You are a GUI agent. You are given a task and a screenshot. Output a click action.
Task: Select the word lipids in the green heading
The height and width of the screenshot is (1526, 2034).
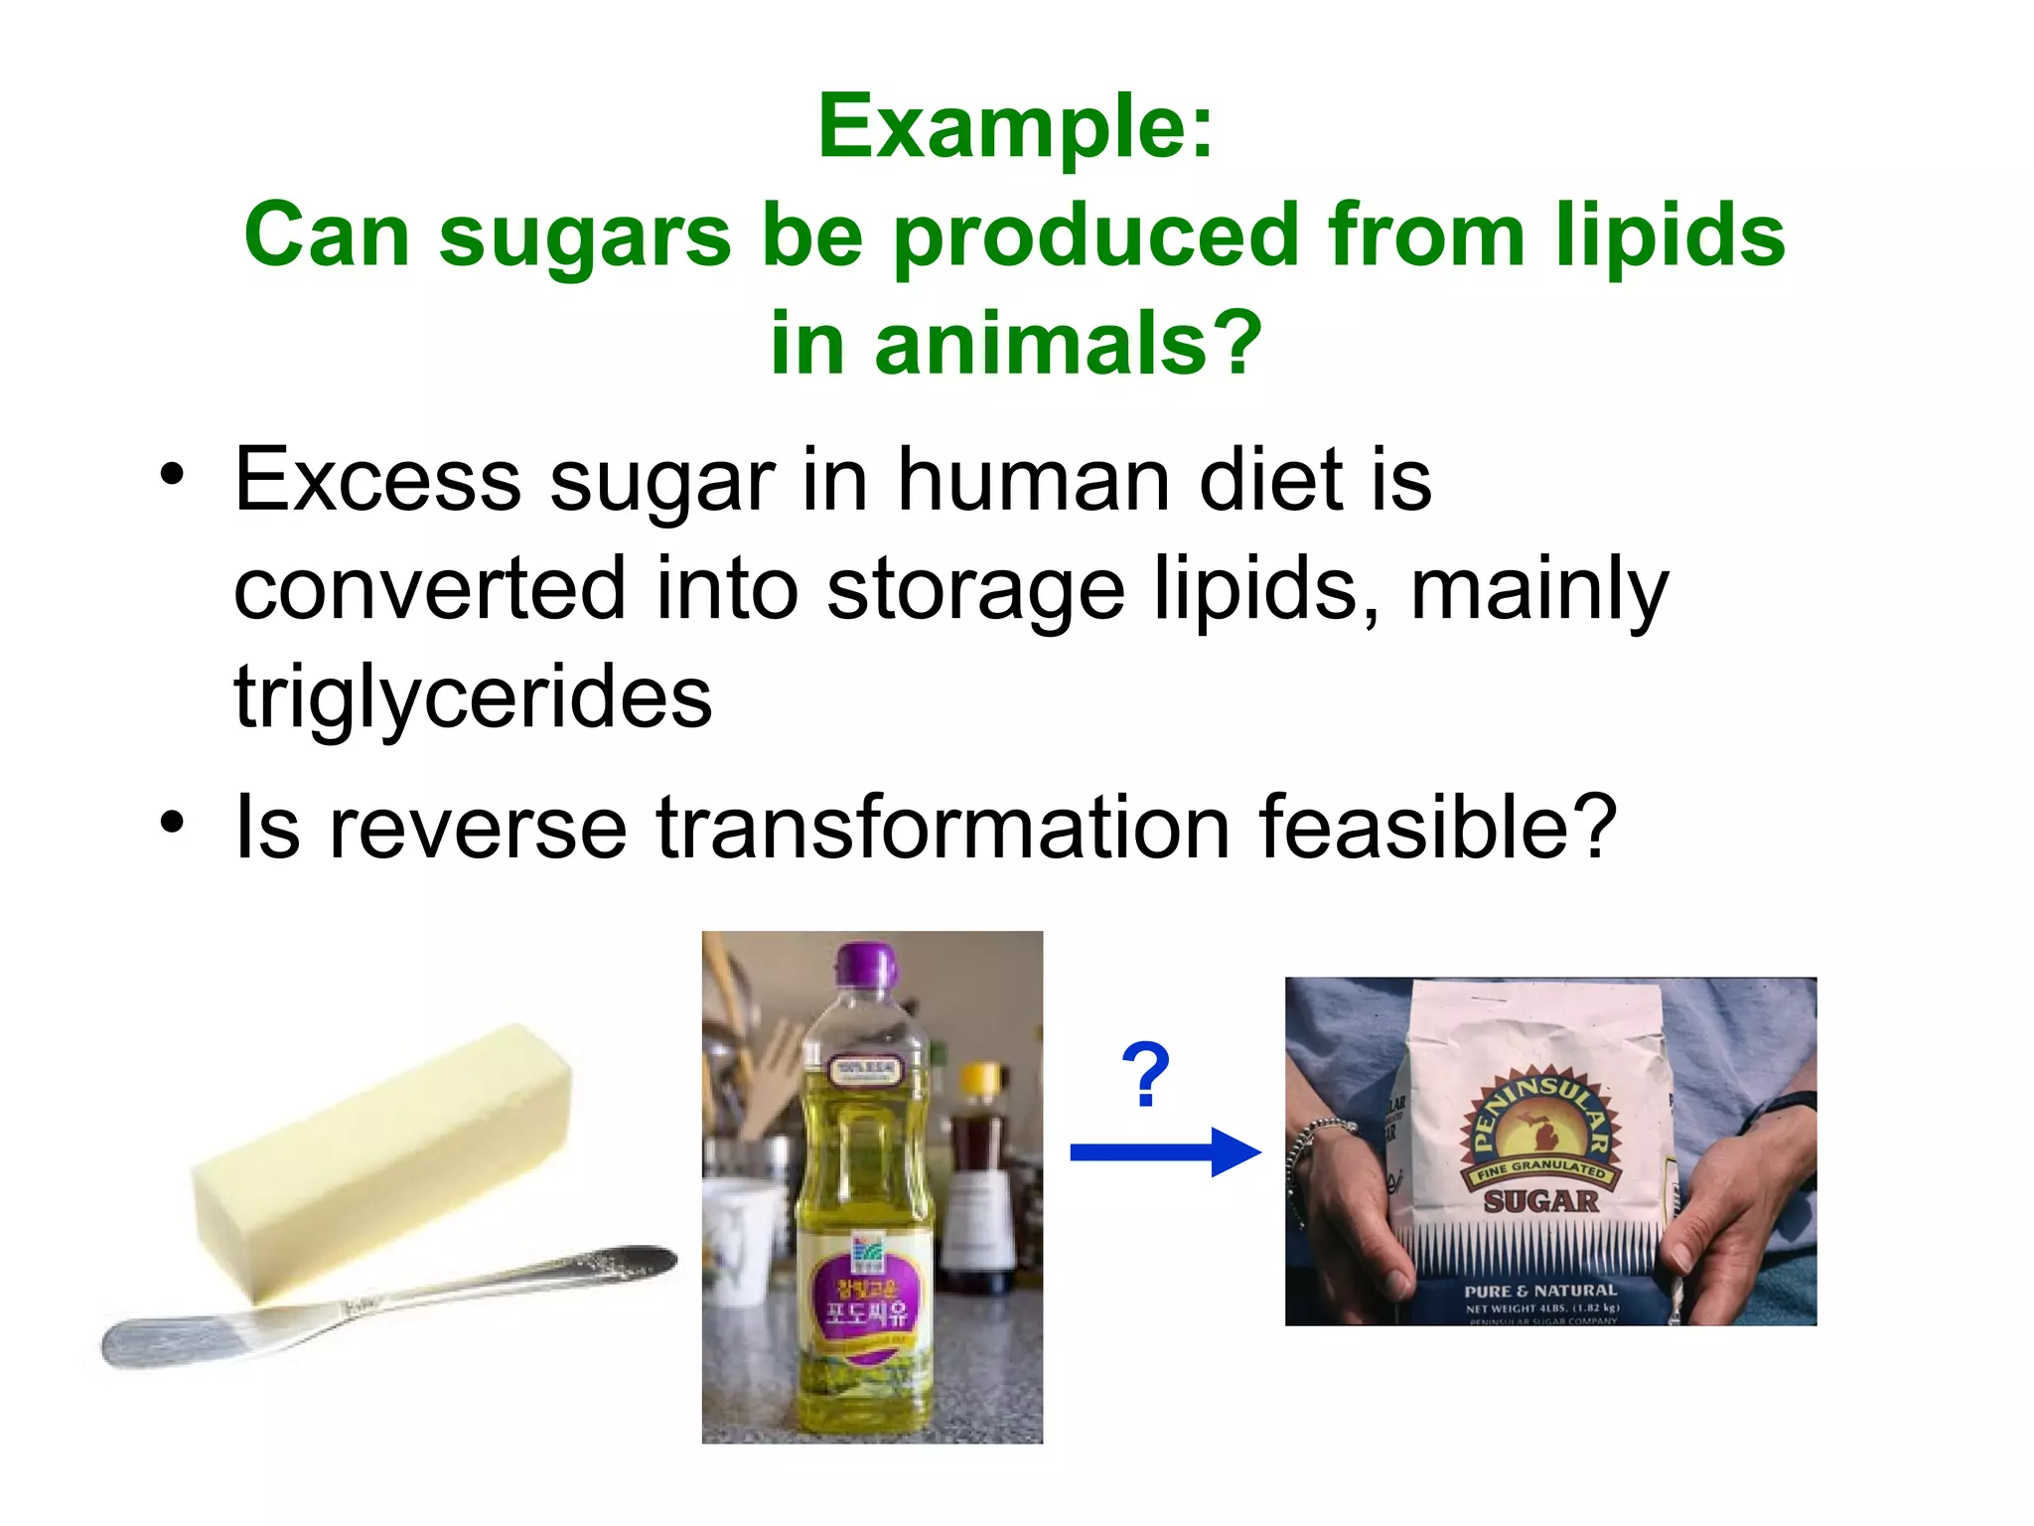click(x=1671, y=235)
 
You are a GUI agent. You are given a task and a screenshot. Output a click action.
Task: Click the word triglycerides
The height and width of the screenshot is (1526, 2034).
click(x=473, y=697)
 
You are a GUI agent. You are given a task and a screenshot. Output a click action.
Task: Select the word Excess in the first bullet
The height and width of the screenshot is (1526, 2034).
click(x=377, y=481)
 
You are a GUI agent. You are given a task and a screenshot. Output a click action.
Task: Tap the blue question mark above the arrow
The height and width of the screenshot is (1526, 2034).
click(x=1145, y=1075)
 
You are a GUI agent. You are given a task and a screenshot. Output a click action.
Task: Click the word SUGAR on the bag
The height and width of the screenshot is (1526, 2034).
click(x=1540, y=1202)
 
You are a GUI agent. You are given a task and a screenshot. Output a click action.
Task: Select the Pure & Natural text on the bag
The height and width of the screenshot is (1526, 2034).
click(x=1540, y=1291)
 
